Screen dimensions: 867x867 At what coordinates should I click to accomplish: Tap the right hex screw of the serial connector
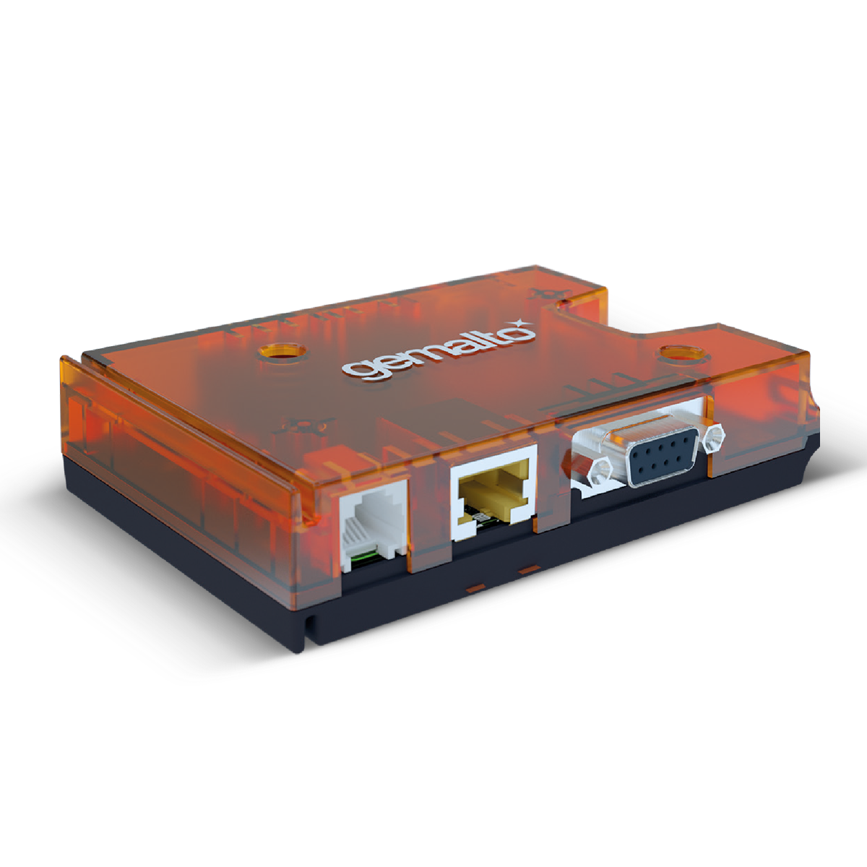[716, 436]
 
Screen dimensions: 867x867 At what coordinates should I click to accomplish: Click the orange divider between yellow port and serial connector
[553, 477]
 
